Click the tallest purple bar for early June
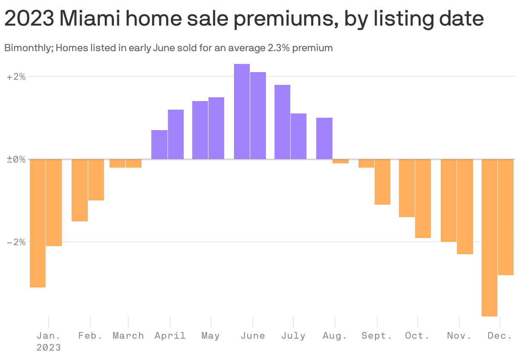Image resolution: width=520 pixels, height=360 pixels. click(x=242, y=112)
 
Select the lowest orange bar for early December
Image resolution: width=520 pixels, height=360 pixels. click(x=489, y=238)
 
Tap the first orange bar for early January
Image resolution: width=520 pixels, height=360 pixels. click(x=38, y=223)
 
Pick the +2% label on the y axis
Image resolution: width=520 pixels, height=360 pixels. click(x=16, y=77)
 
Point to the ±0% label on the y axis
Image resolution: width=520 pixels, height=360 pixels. click(x=16, y=160)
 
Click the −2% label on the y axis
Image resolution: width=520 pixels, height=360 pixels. click(x=16, y=242)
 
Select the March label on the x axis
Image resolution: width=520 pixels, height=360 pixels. click(x=128, y=336)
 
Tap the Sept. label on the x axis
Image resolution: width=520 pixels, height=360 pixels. click(x=377, y=336)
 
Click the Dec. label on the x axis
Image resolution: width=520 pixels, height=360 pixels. click(x=500, y=336)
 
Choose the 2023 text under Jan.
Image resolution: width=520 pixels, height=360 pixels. click(x=48, y=348)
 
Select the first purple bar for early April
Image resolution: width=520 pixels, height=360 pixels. click(x=159, y=145)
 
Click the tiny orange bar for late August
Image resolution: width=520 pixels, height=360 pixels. click(x=341, y=161)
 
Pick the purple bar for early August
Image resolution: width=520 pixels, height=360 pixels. click(x=324, y=139)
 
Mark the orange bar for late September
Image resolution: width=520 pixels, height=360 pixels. click(x=382, y=182)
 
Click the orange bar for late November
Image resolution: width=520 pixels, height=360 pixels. click(x=465, y=206)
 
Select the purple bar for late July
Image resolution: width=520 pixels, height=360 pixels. click(x=298, y=136)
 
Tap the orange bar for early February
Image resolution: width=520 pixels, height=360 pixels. click(x=80, y=190)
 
